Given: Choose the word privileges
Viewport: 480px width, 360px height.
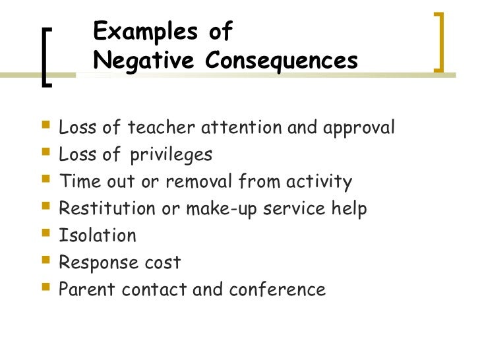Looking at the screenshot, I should pos(171,156).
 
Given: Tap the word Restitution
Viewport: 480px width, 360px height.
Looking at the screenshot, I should pos(102,208).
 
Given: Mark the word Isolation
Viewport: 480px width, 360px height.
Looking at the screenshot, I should pos(97,235).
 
